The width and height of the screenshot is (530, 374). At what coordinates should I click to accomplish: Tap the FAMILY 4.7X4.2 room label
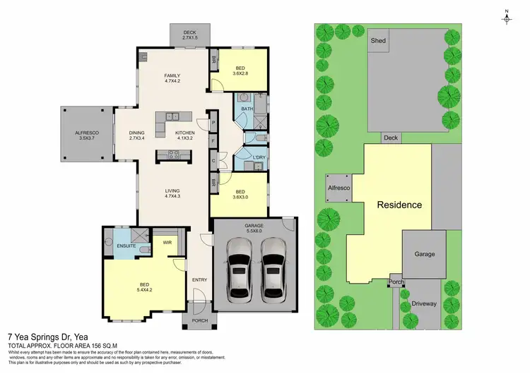coord(172,78)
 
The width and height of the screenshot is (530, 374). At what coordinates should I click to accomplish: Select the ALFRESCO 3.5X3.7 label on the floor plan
coord(88,135)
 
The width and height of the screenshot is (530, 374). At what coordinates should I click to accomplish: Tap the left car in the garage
coord(238,268)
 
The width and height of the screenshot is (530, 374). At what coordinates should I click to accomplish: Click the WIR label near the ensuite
coord(168,243)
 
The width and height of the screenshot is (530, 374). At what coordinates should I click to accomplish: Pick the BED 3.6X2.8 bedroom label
coord(242,71)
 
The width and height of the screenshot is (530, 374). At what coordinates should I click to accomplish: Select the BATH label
coord(247,109)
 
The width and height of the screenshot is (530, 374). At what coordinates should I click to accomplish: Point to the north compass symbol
coord(507,18)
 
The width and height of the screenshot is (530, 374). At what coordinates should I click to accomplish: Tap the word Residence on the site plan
coord(399,205)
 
